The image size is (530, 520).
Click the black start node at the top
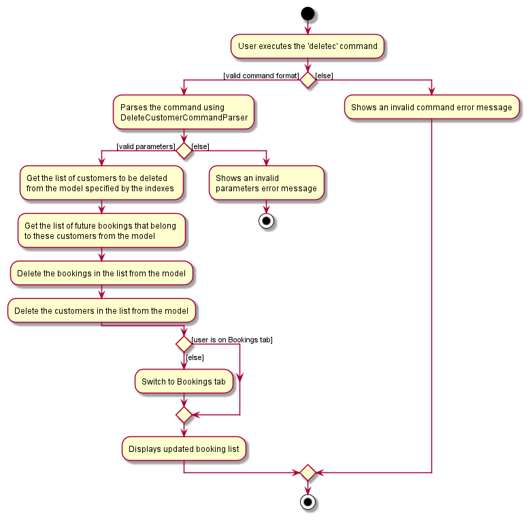tap(308, 13)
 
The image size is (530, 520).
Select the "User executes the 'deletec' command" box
tap(308, 46)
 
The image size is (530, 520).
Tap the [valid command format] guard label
tap(261, 75)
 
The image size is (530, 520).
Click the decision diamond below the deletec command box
tap(308, 80)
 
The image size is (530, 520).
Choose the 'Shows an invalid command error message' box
tap(431, 108)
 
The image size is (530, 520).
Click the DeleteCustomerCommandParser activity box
tap(184, 112)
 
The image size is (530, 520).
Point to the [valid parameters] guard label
tap(146, 146)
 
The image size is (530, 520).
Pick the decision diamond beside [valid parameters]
tap(184, 150)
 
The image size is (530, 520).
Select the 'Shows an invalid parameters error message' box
tap(266, 183)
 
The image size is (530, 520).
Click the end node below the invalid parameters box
tap(266, 221)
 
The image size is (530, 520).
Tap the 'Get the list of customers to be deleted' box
tap(101, 183)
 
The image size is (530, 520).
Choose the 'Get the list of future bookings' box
tap(101, 231)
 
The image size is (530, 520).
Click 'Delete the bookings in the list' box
tap(101, 274)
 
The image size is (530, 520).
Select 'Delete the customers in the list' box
tap(101, 311)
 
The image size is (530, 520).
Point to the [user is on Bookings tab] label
tap(233, 340)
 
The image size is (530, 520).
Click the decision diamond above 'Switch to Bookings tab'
tap(184, 344)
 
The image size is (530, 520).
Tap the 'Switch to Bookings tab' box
tap(184, 382)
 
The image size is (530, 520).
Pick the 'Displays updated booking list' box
tap(184, 449)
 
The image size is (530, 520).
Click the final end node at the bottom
tap(308, 502)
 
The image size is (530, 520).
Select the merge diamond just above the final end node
tap(308, 472)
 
